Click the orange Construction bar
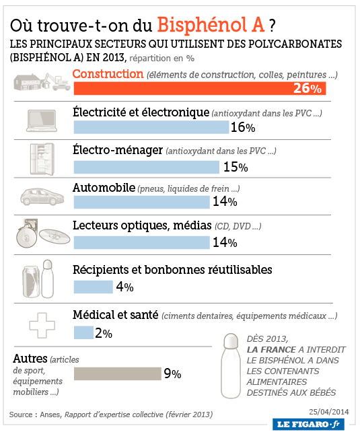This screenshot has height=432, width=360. (200, 88)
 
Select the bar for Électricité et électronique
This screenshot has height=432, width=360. (151, 127)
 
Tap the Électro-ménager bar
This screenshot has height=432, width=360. (147, 168)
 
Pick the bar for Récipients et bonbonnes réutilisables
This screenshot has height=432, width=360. (94, 287)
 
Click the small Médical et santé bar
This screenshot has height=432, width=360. (83, 332)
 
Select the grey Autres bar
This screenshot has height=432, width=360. (118, 374)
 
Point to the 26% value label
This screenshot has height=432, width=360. (308, 88)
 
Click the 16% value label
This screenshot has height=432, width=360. (243, 128)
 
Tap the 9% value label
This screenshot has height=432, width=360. (172, 374)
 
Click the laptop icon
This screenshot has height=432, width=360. (42, 120)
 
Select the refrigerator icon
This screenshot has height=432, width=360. (42, 159)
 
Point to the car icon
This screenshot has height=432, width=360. (42, 196)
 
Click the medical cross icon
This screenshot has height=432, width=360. (42, 326)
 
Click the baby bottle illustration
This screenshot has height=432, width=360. (231, 366)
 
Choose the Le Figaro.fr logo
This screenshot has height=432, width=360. (308, 424)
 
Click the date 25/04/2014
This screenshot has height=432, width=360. (329, 412)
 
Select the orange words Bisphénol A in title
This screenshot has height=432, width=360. (211, 25)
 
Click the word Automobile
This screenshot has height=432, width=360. (104, 188)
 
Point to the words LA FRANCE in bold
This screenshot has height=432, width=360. (271, 350)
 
